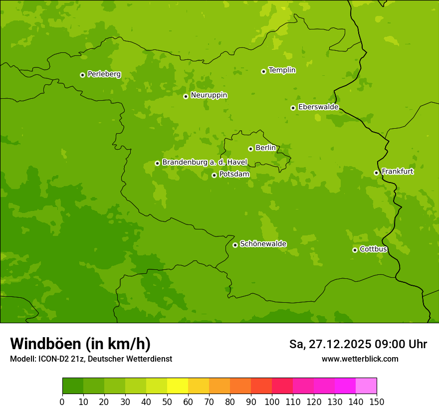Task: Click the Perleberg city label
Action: click(x=104, y=74)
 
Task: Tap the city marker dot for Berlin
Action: click(x=250, y=149)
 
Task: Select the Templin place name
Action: click(x=282, y=70)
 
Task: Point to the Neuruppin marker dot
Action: click(x=186, y=96)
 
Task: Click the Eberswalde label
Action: click(x=318, y=107)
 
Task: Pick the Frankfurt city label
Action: click(x=397, y=172)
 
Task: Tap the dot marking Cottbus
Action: click(x=355, y=250)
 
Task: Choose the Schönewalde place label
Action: click(x=263, y=244)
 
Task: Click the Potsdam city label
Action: click(x=234, y=175)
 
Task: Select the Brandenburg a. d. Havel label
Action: click(x=205, y=163)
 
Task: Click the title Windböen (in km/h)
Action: click(x=80, y=344)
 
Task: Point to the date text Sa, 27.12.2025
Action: click(x=330, y=344)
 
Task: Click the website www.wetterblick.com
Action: click(x=360, y=359)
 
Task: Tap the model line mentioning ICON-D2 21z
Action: click(x=91, y=359)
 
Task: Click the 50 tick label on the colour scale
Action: click(x=167, y=402)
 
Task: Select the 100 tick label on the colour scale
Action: click(x=272, y=402)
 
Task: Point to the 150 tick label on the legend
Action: click(x=377, y=402)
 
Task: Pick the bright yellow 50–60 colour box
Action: click(x=178, y=386)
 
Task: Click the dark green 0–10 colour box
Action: click(x=73, y=386)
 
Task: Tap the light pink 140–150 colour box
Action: click(x=366, y=386)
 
